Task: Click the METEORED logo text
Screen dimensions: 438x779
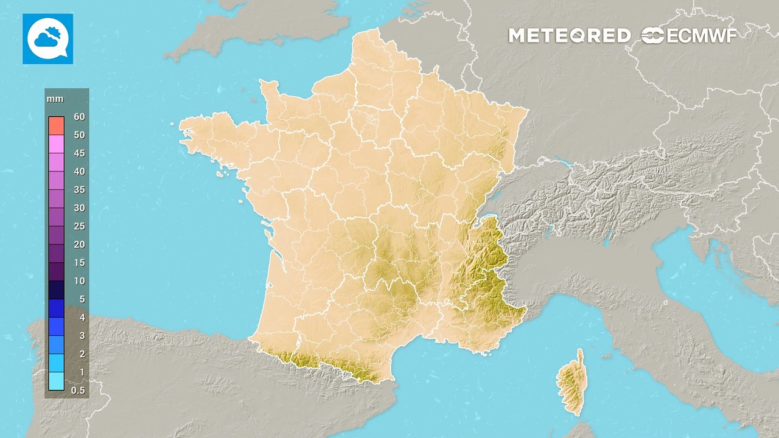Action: pyautogui.click(x=569, y=36)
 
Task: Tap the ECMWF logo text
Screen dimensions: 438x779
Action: pyautogui.click(x=690, y=36)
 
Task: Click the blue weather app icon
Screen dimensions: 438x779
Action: pyautogui.click(x=47, y=39)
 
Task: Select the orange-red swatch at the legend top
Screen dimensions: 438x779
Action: pyautogui.click(x=56, y=125)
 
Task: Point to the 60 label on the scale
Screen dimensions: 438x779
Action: pyautogui.click(x=79, y=116)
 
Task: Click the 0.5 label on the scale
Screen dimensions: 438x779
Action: pyautogui.click(x=78, y=391)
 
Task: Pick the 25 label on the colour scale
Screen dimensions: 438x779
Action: pyautogui.click(x=79, y=226)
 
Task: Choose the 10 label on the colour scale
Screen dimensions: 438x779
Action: pyautogui.click(x=79, y=281)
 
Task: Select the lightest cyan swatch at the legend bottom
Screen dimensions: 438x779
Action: pyautogui.click(x=56, y=381)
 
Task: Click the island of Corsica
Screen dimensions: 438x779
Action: pyautogui.click(x=571, y=383)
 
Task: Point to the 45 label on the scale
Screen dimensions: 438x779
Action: pyautogui.click(x=79, y=153)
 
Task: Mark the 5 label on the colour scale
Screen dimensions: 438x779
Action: pyautogui.click(x=82, y=299)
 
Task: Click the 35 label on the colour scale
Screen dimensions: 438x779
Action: pyautogui.click(x=79, y=190)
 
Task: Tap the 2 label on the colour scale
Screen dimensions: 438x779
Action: pyautogui.click(x=82, y=354)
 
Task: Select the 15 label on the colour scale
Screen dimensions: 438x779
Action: pyautogui.click(x=79, y=263)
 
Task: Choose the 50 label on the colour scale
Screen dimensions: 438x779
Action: pyautogui.click(x=79, y=135)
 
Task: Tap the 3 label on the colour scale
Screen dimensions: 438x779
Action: pyautogui.click(x=82, y=336)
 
